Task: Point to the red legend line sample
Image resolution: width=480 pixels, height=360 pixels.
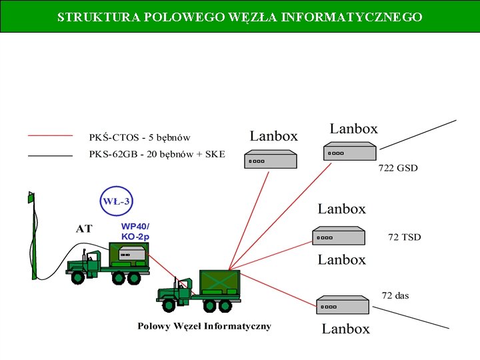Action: click(50, 135)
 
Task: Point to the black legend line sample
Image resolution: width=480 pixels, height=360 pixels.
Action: click(50, 155)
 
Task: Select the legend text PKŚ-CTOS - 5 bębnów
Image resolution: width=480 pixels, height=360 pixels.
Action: click(139, 138)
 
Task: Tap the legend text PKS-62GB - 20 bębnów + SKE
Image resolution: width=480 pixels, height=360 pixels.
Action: click(157, 155)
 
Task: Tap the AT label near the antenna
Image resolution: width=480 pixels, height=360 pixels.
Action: click(84, 229)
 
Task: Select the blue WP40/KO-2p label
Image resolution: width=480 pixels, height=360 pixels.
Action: click(135, 231)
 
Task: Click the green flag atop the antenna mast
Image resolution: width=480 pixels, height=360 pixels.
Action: click(31, 197)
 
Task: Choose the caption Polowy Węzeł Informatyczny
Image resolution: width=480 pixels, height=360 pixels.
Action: click(204, 326)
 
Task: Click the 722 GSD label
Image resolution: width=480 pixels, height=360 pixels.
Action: click(398, 168)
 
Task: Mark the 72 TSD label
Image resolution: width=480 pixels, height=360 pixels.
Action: click(405, 237)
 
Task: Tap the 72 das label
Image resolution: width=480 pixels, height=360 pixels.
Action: click(395, 295)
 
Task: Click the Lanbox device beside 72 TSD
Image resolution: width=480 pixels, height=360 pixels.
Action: click(339, 236)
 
